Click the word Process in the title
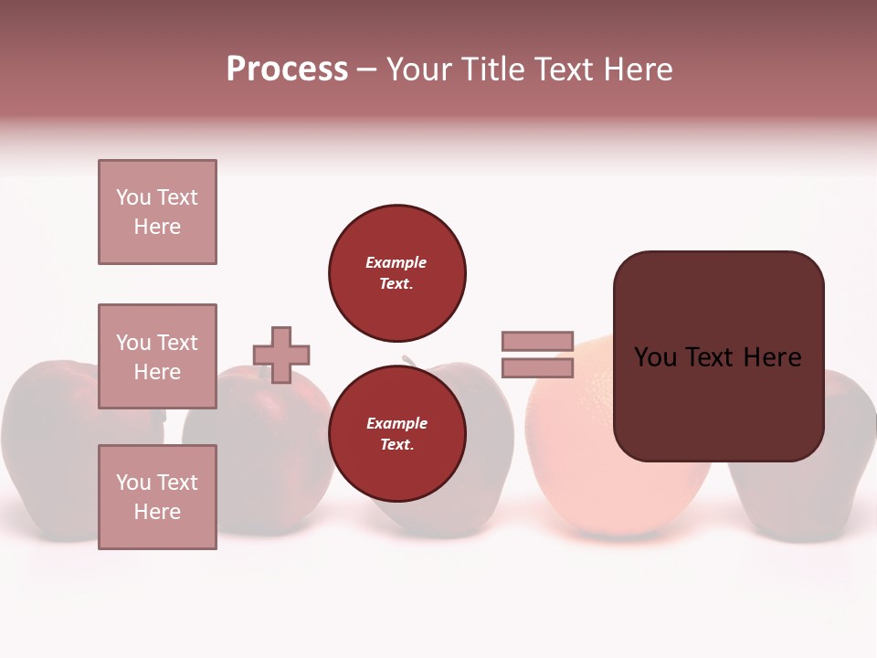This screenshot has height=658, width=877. click(x=287, y=69)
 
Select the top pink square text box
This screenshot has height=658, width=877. click(x=157, y=212)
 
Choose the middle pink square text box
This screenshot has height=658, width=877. click(x=157, y=356)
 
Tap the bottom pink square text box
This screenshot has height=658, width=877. click(x=157, y=496)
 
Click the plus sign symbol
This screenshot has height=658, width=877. click(x=281, y=355)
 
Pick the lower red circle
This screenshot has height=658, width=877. click(x=397, y=433)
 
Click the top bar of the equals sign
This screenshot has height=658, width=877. click(x=537, y=341)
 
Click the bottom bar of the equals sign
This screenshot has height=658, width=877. click(x=537, y=367)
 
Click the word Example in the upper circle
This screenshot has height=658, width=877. click(x=396, y=262)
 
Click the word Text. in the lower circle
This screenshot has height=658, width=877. click(x=396, y=444)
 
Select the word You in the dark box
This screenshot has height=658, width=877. click(x=655, y=357)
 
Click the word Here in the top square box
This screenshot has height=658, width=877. click(x=157, y=227)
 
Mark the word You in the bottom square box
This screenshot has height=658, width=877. click(x=132, y=483)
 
